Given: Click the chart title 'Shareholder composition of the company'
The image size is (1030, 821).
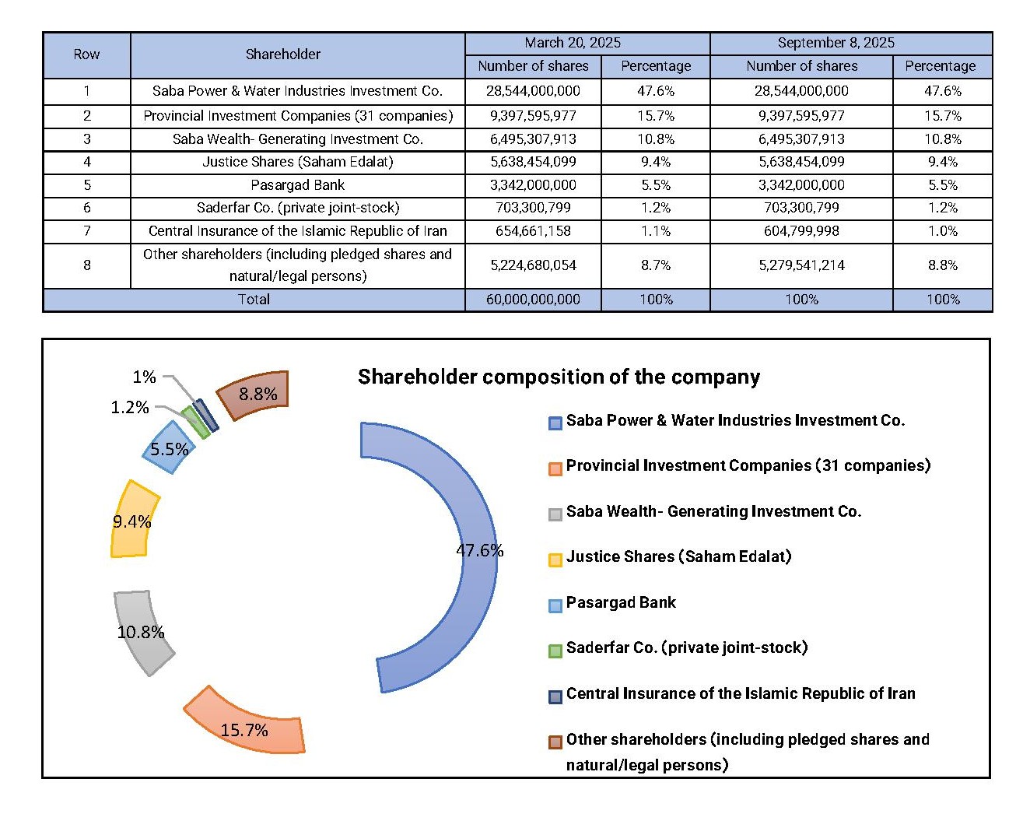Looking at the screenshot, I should coord(559,377).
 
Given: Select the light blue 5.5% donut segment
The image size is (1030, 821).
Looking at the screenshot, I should coord(168,448).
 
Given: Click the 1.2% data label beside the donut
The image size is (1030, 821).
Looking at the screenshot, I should coord(129,408).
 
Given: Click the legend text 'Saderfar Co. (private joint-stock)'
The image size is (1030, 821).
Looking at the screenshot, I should coord(687,647).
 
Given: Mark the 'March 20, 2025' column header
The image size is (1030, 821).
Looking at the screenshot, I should coord(573,43).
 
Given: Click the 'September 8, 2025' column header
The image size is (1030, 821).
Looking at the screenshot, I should coord(836,43).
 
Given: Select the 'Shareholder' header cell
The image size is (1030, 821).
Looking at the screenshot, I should coord(283,54).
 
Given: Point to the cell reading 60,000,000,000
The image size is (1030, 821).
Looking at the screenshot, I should coord(533,300).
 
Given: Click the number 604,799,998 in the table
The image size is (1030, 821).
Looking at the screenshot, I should coord(801,231).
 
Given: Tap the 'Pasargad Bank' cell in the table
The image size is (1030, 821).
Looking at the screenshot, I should coord(297,185).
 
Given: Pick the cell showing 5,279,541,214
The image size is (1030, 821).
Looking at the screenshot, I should coord(801,265).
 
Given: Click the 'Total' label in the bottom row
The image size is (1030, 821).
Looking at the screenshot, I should coord(254,300).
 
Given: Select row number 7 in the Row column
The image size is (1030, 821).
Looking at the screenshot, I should coord(87,231).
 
